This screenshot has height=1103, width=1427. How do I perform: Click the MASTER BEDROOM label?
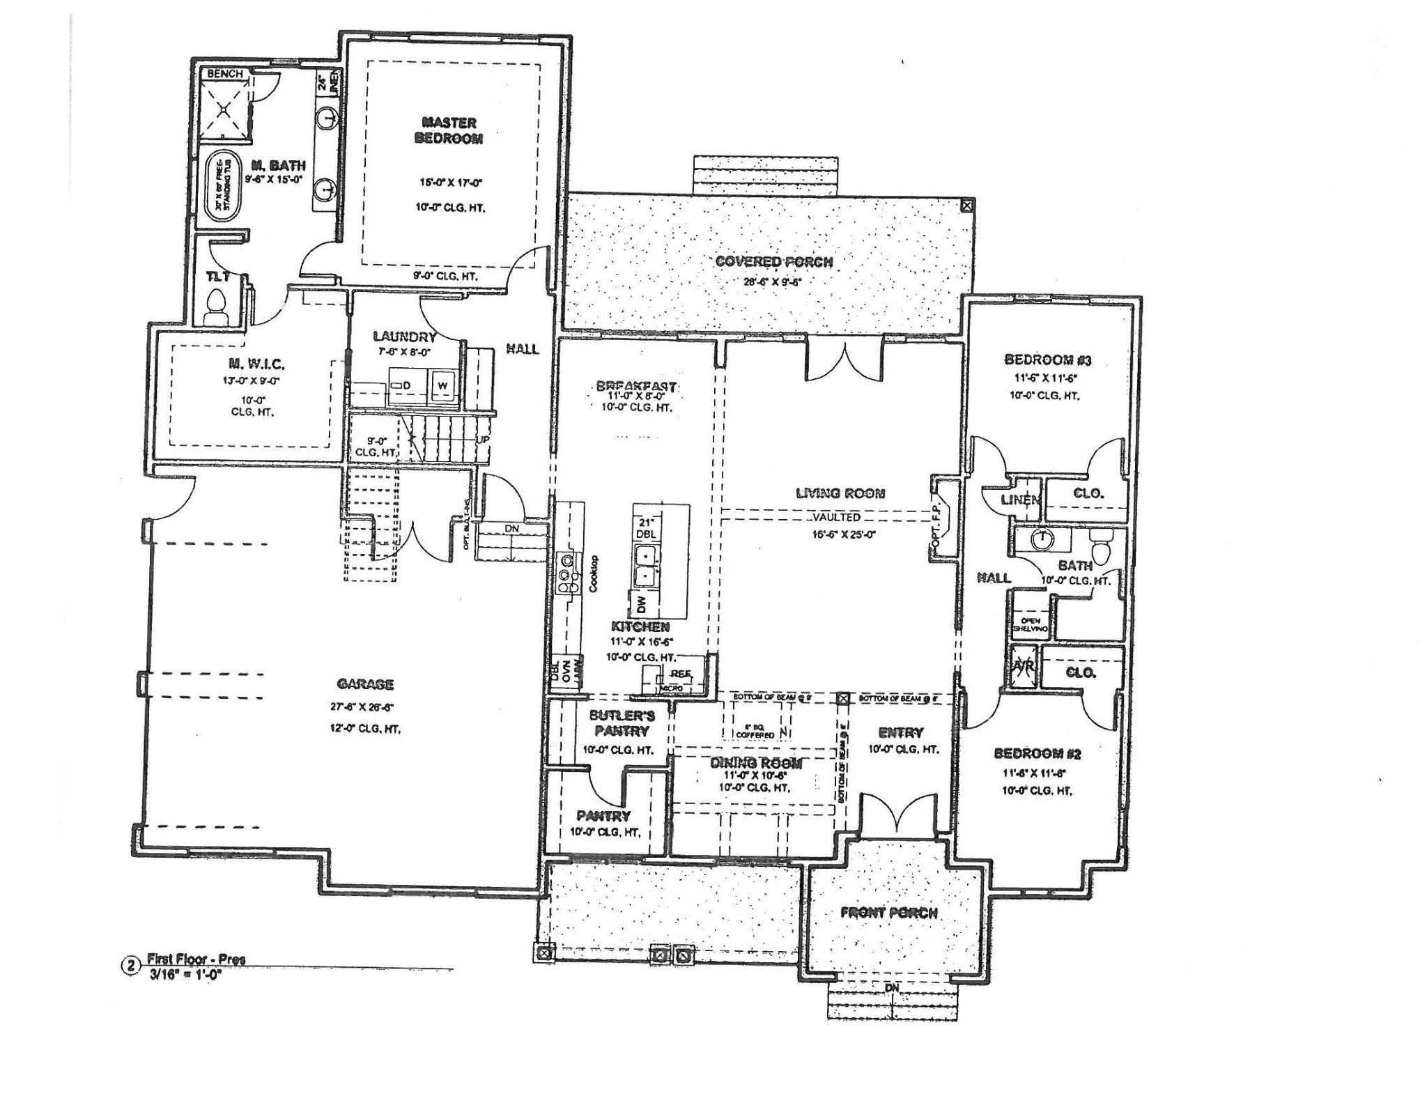pos(449,131)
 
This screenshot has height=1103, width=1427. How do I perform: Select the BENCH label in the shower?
pos(224,74)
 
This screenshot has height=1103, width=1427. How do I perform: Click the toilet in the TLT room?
pos(218,305)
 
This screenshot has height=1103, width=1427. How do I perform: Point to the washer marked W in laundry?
pos(442,385)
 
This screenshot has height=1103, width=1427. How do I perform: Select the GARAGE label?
pos(365,684)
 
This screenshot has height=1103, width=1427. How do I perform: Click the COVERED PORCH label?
pos(773,262)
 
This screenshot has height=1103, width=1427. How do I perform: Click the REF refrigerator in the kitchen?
pos(680,674)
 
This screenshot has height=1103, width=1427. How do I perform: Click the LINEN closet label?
pos(1021,500)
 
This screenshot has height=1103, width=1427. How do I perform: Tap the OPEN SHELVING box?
pos(1030,624)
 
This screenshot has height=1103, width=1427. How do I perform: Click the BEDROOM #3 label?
pos(1047,360)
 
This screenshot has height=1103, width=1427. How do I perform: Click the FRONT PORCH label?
pos(888,913)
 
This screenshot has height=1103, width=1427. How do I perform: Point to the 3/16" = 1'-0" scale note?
pos(184,975)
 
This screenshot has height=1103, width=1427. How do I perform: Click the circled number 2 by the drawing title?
pos(130,966)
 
